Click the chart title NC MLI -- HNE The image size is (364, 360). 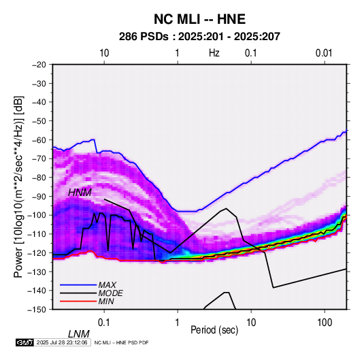(199, 19)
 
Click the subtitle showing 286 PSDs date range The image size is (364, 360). (199, 37)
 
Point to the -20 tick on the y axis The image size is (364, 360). (39, 65)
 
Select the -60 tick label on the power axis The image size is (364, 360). (39, 140)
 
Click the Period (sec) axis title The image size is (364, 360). (214, 330)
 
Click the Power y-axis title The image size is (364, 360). (18, 186)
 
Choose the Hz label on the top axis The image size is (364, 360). (214, 53)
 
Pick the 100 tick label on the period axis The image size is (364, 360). (325, 323)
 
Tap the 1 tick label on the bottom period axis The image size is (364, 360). (178, 323)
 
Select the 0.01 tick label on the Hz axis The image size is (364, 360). (324, 53)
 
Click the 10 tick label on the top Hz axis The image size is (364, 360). (104, 53)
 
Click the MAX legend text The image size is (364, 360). (107, 285)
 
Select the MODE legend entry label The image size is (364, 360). (110, 293)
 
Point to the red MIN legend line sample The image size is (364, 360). (78, 301)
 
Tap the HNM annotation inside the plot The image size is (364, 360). (80, 193)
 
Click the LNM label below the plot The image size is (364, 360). (78, 334)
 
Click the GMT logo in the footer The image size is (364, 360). (24, 342)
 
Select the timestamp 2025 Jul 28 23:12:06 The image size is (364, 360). (62, 342)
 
